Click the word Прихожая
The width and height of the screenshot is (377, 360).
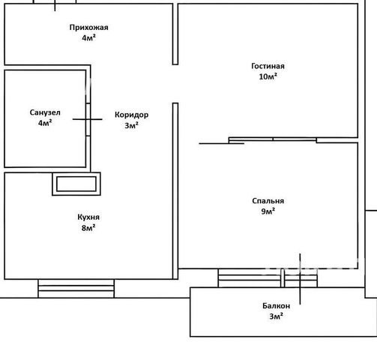click(88, 27)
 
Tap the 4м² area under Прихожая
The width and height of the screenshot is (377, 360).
click(88, 38)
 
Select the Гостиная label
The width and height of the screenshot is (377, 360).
click(268, 66)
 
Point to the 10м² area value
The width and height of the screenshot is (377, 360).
click(268, 76)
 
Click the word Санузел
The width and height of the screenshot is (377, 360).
click(45, 112)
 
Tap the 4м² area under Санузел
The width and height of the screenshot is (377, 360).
click(45, 123)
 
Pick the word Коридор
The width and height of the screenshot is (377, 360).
click(132, 115)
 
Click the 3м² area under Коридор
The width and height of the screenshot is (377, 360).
click(132, 125)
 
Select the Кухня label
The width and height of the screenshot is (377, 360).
click(88, 217)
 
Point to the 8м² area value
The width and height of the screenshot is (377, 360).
click(88, 228)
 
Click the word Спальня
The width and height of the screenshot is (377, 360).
click(268, 201)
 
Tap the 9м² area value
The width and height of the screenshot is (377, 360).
click(268, 211)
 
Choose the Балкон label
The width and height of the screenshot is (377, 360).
click(277, 306)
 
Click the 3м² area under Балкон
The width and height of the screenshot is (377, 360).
click(277, 316)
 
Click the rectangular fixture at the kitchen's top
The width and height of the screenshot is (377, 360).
click(76, 184)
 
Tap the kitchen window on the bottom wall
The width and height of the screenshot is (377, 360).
click(76, 289)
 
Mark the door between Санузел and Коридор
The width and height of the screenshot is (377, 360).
click(88, 119)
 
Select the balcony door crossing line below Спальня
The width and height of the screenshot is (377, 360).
click(300, 279)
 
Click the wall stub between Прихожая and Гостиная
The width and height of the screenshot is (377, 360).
click(175, 34)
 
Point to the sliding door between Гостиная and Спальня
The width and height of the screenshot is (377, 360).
click(273, 140)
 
